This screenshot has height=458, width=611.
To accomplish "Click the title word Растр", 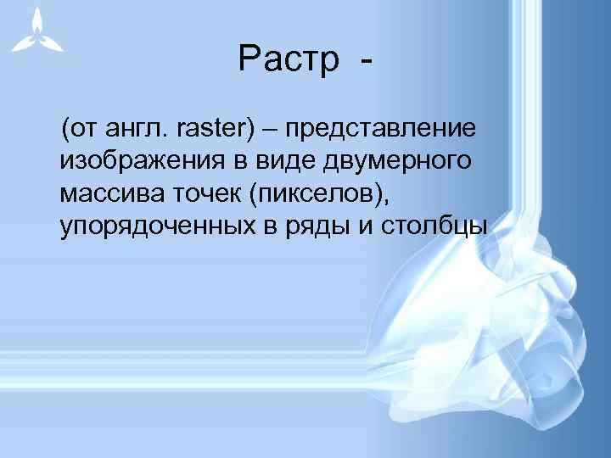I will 289,60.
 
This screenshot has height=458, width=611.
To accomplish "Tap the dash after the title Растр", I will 367,62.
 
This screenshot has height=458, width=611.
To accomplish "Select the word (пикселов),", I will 322,194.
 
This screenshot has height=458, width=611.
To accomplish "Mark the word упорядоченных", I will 145,227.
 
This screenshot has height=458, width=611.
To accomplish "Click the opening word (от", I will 79,130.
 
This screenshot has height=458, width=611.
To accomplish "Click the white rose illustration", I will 475,322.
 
